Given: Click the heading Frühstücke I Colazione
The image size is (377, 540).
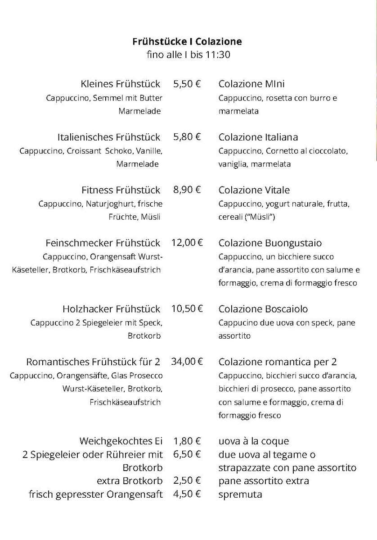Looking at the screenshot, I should [187, 41].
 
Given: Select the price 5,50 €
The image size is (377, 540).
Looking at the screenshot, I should [187, 84].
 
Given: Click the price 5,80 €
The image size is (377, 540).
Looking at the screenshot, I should [187, 137].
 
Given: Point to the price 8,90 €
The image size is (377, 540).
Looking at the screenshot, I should [187, 190].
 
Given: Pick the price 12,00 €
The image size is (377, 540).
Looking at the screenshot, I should [187, 243].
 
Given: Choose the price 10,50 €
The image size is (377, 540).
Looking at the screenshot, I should [187, 309].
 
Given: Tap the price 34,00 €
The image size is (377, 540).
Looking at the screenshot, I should [187, 362].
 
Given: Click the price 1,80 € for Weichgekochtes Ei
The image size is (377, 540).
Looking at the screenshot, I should [187, 441].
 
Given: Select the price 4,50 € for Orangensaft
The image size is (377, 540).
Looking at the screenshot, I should [187, 494].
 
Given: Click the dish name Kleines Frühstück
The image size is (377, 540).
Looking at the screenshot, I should [121, 84].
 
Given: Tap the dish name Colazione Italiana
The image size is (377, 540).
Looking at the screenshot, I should [258, 137].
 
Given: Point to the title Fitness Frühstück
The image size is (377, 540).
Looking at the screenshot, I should [121, 190].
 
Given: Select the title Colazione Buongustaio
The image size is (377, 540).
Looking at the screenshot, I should [270, 243].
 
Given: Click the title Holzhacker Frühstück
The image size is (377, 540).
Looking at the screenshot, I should [111, 309].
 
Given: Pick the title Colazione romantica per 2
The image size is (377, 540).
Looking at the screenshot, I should [278, 362].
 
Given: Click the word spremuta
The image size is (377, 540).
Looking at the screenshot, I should [240, 494].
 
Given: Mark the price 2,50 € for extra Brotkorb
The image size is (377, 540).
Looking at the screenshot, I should [187, 481].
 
